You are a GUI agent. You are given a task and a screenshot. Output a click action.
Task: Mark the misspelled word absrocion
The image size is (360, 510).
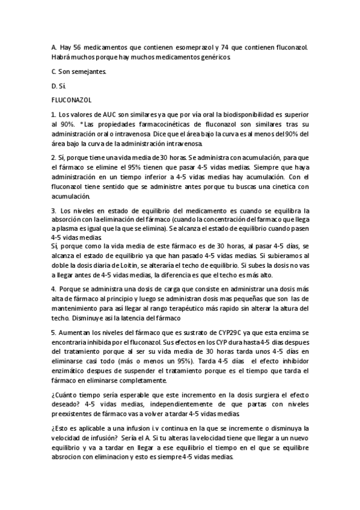69,458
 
